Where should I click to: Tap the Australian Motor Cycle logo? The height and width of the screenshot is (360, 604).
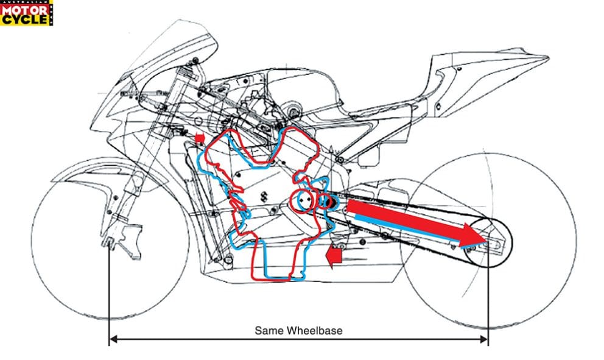pos(26,13)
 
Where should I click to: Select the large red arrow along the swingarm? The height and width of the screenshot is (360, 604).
pos(414,222)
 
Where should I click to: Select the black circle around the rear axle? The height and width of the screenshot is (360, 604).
pos(490,243)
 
